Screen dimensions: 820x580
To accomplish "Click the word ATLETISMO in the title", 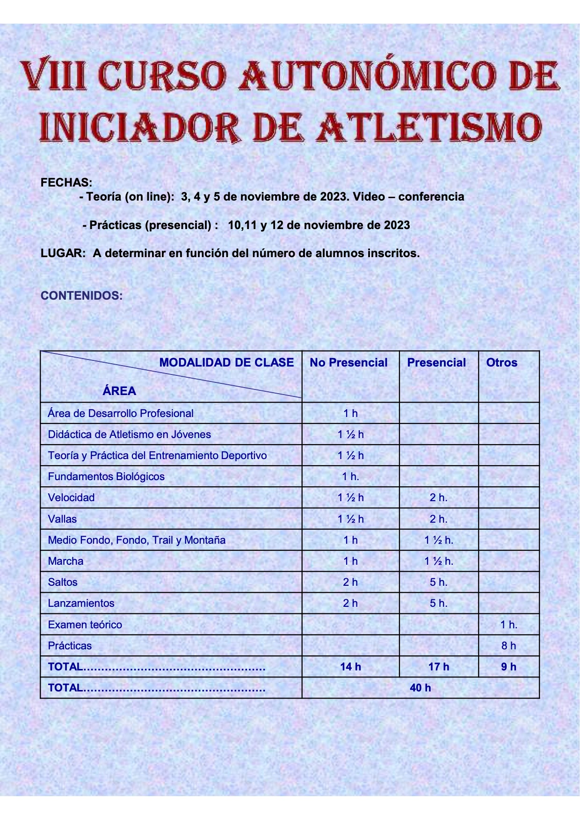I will pyautogui.click(x=428, y=127).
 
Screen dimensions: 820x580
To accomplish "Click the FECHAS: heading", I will pyautogui.click(x=66, y=182).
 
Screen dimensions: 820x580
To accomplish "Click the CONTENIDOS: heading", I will pyautogui.click(x=82, y=295).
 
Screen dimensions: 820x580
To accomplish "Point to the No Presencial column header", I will pyautogui.click(x=348, y=363).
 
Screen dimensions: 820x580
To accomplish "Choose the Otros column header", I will pyautogui.click(x=501, y=363).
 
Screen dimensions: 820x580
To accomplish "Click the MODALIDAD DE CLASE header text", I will pyautogui.click(x=226, y=363).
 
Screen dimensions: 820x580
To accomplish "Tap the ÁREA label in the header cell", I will pyautogui.click(x=119, y=391).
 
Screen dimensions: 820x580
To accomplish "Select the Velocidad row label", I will pyautogui.click(x=71, y=497).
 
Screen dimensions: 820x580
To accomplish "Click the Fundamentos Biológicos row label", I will pyautogui.click(x=106, y=476).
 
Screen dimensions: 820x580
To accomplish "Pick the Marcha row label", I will pyautogui.click(x=65, y=561).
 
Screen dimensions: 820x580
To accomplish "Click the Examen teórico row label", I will pyautogui.click(x=85, y=625).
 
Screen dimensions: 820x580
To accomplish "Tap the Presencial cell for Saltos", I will pyautogui.click(x=439, y=582).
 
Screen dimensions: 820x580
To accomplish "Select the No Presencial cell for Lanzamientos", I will pyautogui.click(x=350, y=603).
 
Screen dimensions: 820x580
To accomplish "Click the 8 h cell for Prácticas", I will pyautogui.click(x=508, y=646).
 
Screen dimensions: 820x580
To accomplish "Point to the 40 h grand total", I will pyautogui.click(x=420, y=688).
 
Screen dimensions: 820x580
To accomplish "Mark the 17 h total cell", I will pyautogui.click(x=439, y=667).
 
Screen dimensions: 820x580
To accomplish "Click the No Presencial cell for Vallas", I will pyautogui.click(x=350, y=519).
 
